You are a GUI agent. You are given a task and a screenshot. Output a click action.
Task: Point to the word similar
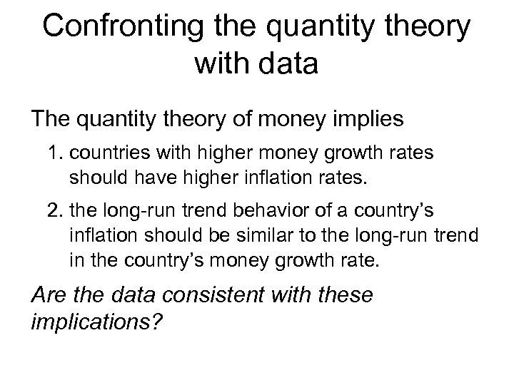click(x=276, y=237)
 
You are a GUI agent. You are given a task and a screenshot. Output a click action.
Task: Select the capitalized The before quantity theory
click(x=51, y=118)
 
